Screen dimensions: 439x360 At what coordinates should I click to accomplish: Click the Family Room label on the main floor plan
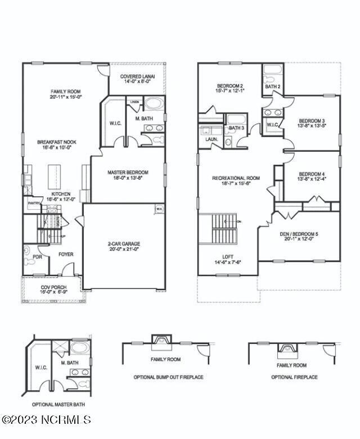point(66,91)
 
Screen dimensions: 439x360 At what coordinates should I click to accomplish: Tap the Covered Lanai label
point(138,76)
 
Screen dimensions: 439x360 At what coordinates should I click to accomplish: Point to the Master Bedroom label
point(128,172)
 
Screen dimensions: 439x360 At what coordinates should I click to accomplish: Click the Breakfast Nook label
point(57,142)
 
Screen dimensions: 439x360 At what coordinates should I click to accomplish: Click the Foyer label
point(66,255)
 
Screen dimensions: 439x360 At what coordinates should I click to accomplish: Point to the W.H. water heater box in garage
point(159,210)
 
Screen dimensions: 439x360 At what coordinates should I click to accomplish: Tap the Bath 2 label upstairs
point(272,87)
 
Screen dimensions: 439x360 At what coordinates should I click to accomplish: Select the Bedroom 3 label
point(312,120)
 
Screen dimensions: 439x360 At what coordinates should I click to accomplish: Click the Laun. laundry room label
point(211,139)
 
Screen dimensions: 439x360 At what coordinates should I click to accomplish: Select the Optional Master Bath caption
point(58,404)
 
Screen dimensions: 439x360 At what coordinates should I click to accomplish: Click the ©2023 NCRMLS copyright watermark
point(46,419)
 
